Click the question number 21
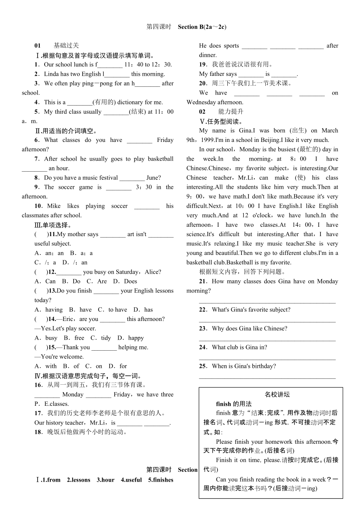(x=203, y=281)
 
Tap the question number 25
(x=203, y=366)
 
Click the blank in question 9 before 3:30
(x=119, y=188)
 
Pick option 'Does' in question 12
(x=130, y=281)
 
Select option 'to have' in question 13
(x=118, y=310)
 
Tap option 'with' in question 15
(x=51, y=366)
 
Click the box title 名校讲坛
(x=277, y=395)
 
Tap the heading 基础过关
(x=66, y=46)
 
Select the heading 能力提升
(x=230, y=112)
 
